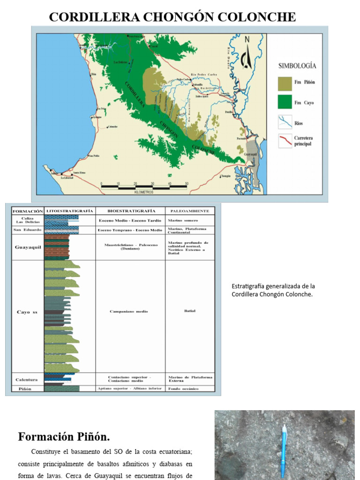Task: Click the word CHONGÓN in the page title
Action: tap(172, 17)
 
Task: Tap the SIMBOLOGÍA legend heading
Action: tap(297, 66)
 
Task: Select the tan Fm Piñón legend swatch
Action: tap(285, 83)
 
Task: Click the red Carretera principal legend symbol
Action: tap(285, 141)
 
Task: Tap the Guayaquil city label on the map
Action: tap(251, 154)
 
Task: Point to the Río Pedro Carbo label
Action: tap(203, 75)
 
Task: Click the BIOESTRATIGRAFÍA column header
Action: tap(130, 211)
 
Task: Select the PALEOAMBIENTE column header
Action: tap(189, 211)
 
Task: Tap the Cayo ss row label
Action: tap(27, 312)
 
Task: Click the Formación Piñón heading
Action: tap(64, 437)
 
